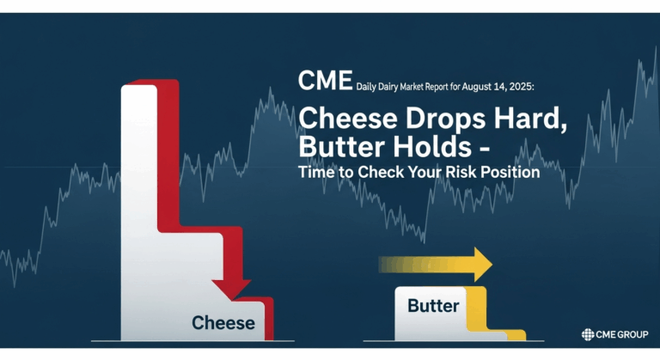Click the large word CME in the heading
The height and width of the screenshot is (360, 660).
[x=325, y=82]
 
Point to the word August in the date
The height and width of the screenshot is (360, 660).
[x=477, y=87]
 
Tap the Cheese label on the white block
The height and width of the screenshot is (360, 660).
[x=223, y=323]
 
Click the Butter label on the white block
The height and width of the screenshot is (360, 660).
[x=433, y=306]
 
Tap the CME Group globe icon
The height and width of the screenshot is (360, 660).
[x=588, y=335]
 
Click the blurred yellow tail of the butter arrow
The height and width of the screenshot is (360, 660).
[x=404, y=264]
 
